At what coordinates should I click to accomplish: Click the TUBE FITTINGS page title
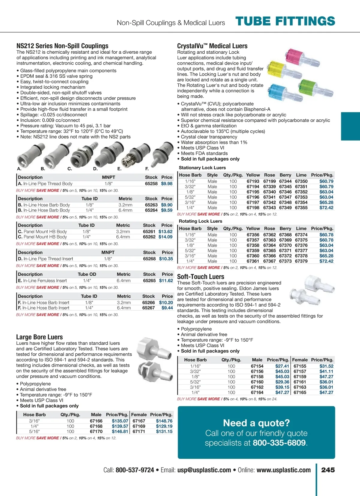pos(285,21)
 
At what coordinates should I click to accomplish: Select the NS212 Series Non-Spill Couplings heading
pos(62,46)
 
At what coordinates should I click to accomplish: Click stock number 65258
pos(151,184)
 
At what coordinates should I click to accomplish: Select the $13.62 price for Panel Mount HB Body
pos(166,232)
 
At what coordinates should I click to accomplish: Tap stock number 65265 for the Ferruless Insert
pos(149,281)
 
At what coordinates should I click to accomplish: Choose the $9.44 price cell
pos(167,308)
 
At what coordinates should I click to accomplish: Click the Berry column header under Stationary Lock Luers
pos(285,175)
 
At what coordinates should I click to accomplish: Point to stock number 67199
pos(269,181)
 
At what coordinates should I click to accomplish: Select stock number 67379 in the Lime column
pos(301,261)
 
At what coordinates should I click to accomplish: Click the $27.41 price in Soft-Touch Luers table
pos(282,366)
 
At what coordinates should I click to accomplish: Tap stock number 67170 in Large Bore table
pos(96,432)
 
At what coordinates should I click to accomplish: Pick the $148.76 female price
pos(164,421)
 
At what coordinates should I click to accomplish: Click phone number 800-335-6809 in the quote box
pos(279,443)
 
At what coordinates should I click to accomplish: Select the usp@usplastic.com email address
pos(204,470)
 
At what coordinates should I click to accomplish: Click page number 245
pos(328,470)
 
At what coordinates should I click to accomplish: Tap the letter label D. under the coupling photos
pos(95,169)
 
